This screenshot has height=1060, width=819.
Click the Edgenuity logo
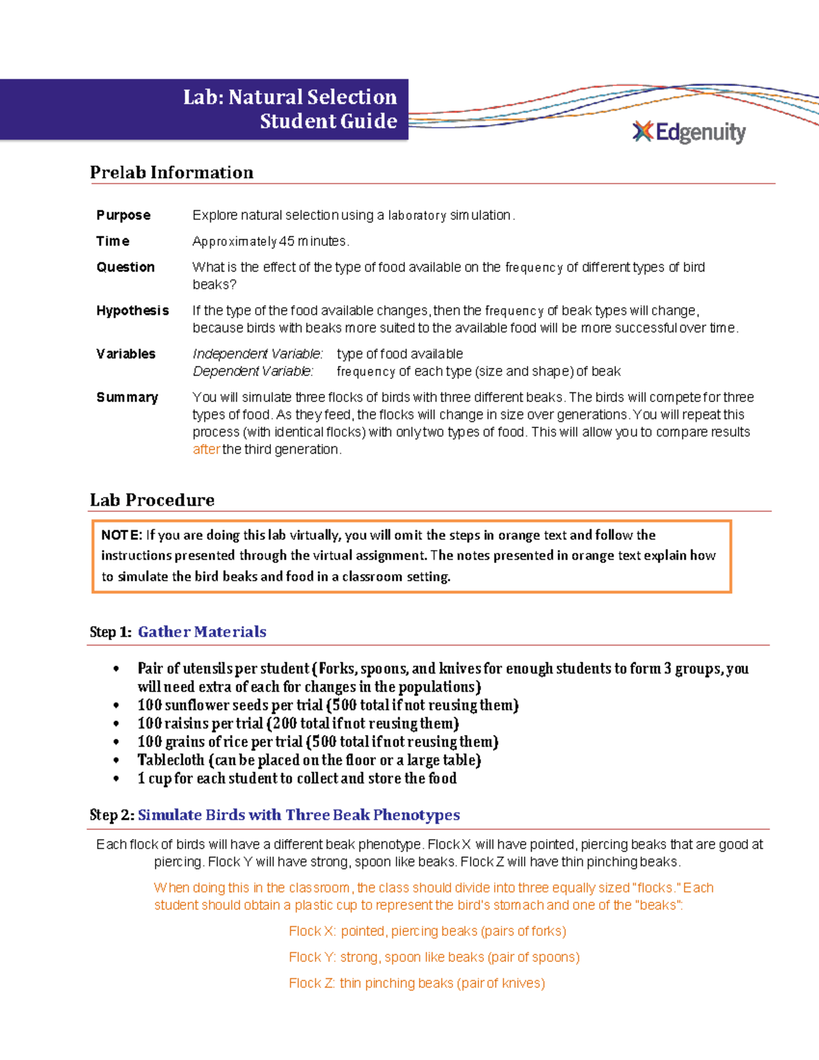pyautogui.click(x=689, y=132)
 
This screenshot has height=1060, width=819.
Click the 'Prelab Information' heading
pyautogui.click(x=171, y=173)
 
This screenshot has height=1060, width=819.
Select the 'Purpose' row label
pyautogui.click(x=124, y=215)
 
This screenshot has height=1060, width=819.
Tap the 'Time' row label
pyautogui.click(x=113, y=241)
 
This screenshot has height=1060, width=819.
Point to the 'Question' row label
pyautogui.click(x=126, y=267)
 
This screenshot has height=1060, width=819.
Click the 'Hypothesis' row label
pyautogui.click(x=132, y=311)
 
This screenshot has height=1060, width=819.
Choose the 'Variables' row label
pyautogui.click(x=126, y=354)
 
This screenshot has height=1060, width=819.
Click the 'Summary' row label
pyautogui.click(x=127, y=397)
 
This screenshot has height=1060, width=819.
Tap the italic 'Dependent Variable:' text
pyautogui.click(x=253, y=371)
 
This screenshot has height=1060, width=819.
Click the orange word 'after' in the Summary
pyautogui.click(x=206, y=449)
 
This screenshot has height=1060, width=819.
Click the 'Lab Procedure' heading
pyautogui.click(x=152, y=500)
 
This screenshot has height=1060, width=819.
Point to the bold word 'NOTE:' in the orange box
pyautogui.click(x=121, y=535)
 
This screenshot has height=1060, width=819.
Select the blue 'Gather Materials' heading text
pyautogui.click(x=202, y=632)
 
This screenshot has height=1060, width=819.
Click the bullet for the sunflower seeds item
pyautogui.click(x=117, y=706)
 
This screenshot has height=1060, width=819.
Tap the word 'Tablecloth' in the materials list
pyautogui.click(x=171, y=760)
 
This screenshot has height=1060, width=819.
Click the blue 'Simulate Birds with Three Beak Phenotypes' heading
pyautogui.click(x=298, y=815)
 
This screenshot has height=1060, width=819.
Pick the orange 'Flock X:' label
pyautogui.click(x=312, y=931)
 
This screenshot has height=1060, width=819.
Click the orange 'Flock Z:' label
pyautogui.click(x=311, y=983)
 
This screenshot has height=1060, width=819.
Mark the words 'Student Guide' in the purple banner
pyautogui.click(x=328, y=121)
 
